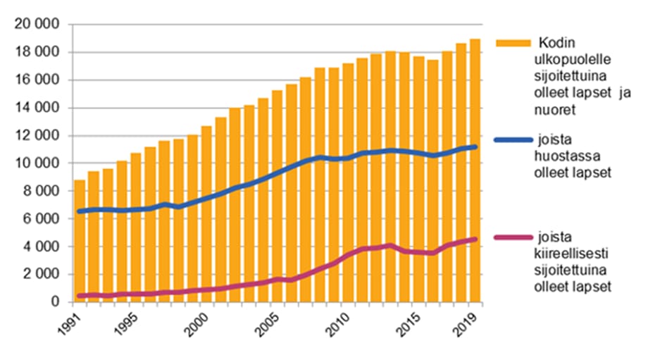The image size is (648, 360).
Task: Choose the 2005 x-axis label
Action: [x=270, y=323]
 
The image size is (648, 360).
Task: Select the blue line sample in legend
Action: [x=513, y=140]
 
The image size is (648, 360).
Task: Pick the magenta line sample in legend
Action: [x=513, y=239]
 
